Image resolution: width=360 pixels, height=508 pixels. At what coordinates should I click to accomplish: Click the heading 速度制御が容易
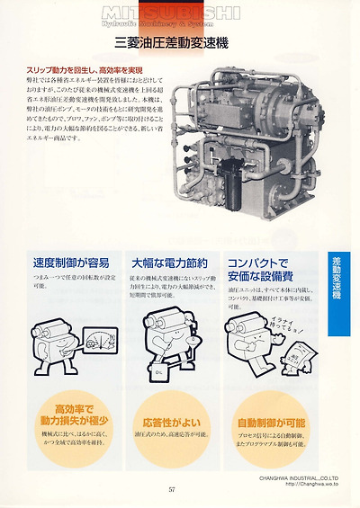pos(71,263)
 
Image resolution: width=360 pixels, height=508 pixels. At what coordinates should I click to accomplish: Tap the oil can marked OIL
pos(157,368)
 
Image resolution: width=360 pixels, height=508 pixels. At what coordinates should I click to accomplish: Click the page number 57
pos(171,489)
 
